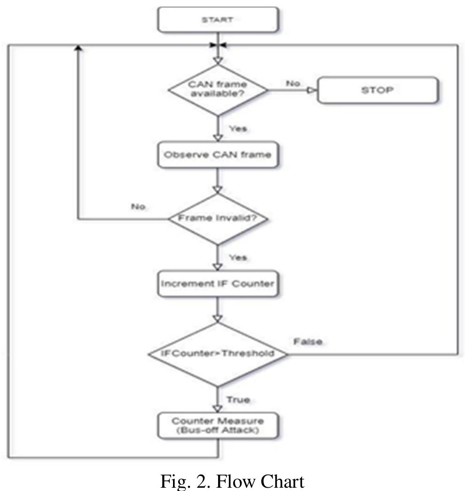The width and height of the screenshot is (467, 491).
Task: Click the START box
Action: (x=218, y=20)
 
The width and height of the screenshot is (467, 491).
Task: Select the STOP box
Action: (x=378, y=90)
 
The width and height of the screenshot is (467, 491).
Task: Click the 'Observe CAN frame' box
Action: (x=218, y=155)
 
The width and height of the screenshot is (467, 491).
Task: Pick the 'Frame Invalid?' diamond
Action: (x=218, y=219)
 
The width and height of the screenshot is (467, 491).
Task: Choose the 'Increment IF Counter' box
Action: (x=218, y=284)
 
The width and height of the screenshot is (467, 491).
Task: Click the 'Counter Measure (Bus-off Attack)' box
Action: (x=218, y=426)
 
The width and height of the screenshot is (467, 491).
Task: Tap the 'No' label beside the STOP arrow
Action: (x=293, y=83)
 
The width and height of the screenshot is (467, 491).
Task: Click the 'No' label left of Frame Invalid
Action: (x=139, y=206)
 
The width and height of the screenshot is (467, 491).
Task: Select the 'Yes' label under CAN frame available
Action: (x=238, y=128)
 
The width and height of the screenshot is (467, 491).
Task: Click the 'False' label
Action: (x=308, y=342)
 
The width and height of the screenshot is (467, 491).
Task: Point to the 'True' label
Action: (x=238, y=400)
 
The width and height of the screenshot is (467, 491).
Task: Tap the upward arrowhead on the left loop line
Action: (x=78, y=48)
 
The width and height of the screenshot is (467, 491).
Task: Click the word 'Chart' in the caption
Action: (x=279, y=481)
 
